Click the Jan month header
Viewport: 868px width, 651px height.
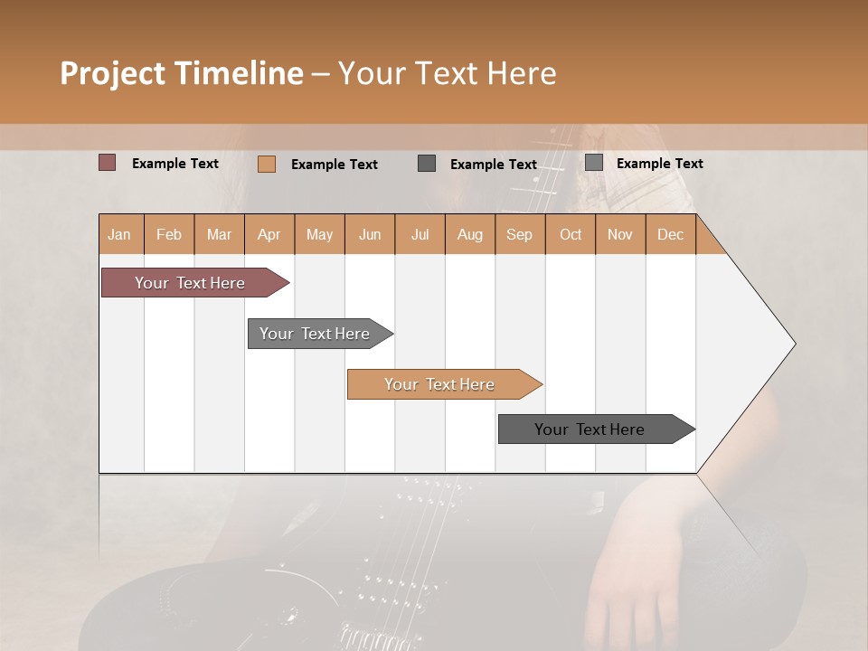coord(120,234)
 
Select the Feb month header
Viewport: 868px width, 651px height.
coord(169,234)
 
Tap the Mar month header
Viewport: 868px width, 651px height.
coord(219,234)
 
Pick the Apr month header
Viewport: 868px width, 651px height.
coord(269,234)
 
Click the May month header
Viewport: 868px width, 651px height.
coord(319,234)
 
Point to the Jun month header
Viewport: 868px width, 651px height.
coord(370,234)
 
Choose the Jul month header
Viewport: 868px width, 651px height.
coord(420,234)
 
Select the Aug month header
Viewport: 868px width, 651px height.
coord(470,234)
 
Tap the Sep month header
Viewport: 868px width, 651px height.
coord(520,234)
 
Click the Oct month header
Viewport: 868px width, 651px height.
coord(571,234)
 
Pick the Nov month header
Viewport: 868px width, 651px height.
coord(620,234)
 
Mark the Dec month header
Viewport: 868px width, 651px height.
coord(671,234)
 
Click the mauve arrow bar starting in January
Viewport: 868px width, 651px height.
coord(191,283)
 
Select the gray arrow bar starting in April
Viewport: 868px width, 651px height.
coord(316,334)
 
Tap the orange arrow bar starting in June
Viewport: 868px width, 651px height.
coord(440,384)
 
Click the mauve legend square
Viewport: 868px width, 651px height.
coord(107,163)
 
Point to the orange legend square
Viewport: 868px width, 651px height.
coord(267,164)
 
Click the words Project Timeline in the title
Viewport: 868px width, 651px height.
coord(182,73)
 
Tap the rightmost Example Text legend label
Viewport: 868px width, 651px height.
coord(659,164)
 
